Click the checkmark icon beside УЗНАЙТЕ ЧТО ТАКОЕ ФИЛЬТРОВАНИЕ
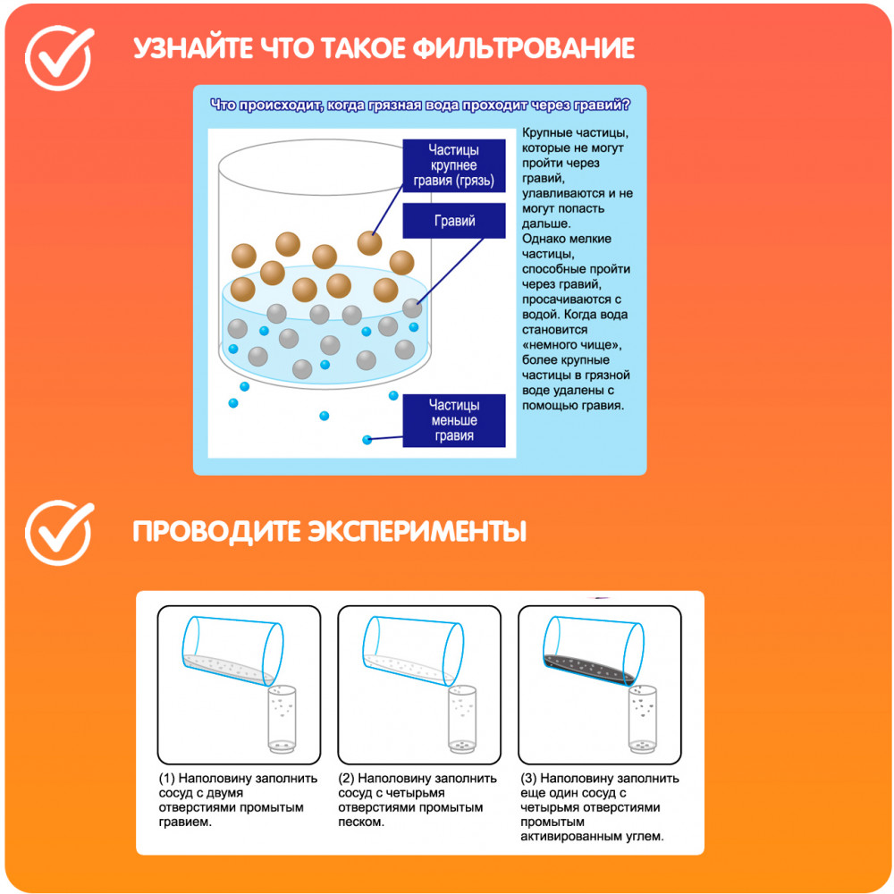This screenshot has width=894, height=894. pyautogui.click(x=58, y=57)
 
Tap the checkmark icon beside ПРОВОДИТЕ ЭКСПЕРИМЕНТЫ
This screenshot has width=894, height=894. pyautogui.click(x=58, y=533)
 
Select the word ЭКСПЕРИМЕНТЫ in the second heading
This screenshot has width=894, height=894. pyautogui.click(x=417, y=531)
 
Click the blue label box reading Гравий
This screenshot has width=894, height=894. pyautogui.click(x=454, y=221)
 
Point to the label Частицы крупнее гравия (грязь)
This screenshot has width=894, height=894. pyautogui.click(x=454, y=165)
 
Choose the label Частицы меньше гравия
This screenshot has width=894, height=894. pyautogui.click(x=454, y=420)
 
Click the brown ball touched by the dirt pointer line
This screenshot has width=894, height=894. pyautogui.click(x=369, y=243)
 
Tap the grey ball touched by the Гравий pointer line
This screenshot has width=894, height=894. pyautogui.click(x=411, y=308)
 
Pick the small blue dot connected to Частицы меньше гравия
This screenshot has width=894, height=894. pyautogui.click(x=367, y=440)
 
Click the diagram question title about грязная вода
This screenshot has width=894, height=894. pyautogui.click(x=420, y=105)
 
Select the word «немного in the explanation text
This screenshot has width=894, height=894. pyautogui.click(x=547, y=345)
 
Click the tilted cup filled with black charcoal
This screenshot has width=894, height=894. pyautogui.click(x=593, y=651)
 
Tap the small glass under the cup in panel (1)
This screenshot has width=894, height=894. pyautogui.click(x=282, y=719)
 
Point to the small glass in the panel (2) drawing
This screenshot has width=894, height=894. pyautogui.click(x=462, y=719)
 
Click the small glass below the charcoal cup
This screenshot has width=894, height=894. pyautogui.click(x=643, y=719)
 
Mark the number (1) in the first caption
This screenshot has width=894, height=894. pyautogui.click(x=166, y=779)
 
